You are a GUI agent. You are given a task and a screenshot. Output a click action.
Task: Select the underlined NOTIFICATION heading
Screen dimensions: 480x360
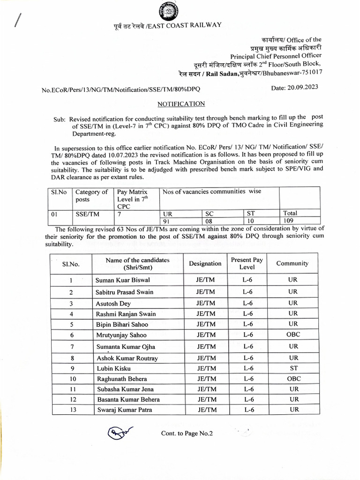(x=181, y=104)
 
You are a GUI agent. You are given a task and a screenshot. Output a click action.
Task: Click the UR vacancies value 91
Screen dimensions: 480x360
(x=167, y=221)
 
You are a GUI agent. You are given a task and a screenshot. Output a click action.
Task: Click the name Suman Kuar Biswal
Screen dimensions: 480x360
(x=123, y=280)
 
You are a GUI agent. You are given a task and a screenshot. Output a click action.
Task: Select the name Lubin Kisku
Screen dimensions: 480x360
(x=113, y=368)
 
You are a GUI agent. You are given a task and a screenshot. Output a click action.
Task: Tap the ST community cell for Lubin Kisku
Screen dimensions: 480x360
(x=293, y=368)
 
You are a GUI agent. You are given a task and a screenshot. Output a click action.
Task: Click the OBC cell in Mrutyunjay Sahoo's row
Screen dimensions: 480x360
(x=293, y=335)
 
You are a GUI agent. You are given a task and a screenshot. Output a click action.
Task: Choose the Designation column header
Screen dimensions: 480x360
(x=205, y=263)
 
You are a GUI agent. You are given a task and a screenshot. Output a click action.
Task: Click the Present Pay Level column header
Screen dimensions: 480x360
(x=247, y=263)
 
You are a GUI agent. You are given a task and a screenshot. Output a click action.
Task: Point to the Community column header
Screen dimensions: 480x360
(x=292, y=263)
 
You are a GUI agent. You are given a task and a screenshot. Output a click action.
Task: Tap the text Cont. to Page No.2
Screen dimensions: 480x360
(x=187, y=434)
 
